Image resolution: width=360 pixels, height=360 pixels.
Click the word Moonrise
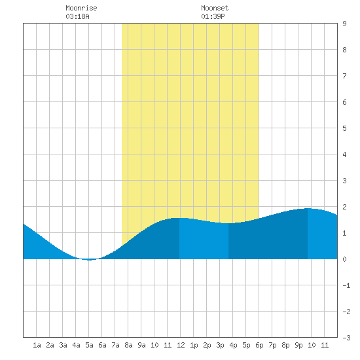click(x=81, y=8)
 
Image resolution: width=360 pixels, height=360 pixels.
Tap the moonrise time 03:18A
click(x=77, y=16)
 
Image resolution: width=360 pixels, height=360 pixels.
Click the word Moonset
click(x=215, y=8)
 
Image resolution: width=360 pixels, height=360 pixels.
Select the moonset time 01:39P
click(x=213, y=16)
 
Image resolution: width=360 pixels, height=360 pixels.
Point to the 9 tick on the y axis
click(x=344, y=24)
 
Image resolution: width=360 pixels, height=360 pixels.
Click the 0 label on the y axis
click(x=344, y=259)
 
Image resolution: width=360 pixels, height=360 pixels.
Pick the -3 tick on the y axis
click(x=346, y=338)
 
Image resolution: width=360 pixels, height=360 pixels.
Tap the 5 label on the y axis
click(x=344, y=128)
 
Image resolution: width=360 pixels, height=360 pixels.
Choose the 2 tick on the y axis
click(x=344, y=207)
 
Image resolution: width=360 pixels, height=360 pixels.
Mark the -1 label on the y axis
click(x=346, y=285)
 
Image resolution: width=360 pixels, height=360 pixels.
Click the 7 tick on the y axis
click(x=344, y=76)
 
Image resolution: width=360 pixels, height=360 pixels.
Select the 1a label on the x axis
click(x=37, y=345)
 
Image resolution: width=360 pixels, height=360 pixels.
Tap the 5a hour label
click(x=89, y=345)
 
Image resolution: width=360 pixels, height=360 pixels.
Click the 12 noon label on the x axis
click(x=181, y=345)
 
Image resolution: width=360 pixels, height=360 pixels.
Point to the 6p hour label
click(x=259, y=345)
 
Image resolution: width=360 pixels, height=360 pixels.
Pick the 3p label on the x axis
click(x=220, y=345)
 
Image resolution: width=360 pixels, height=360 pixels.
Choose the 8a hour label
click(x=128, y=345)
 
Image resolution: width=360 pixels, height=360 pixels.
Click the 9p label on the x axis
click(x=298, y=345)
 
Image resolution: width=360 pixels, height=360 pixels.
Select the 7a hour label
click(x=115, y=345)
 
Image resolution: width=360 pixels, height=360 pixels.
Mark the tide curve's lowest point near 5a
click(x=89, y=260)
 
